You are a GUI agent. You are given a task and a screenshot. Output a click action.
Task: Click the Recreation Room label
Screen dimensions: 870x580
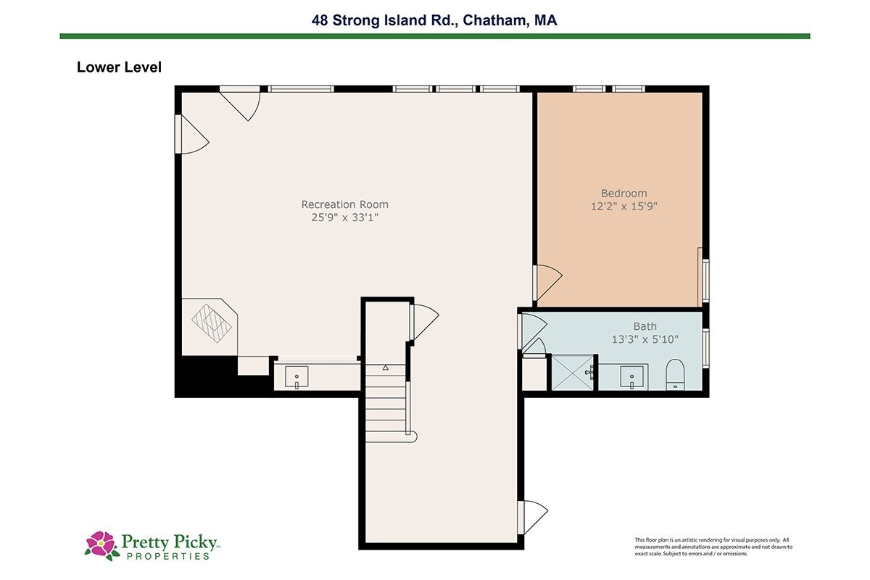click(344, 204)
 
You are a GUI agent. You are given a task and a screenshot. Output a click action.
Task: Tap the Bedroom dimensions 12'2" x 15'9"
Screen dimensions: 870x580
click(623, 206)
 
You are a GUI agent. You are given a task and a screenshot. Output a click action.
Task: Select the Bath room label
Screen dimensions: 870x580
click(645, 326)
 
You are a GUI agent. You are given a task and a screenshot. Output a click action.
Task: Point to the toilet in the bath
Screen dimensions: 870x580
click(675, 375)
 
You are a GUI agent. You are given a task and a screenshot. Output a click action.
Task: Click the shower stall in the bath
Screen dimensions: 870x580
click(573, 373)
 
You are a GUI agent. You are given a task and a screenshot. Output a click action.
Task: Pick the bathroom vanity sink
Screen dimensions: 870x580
click(632, 376)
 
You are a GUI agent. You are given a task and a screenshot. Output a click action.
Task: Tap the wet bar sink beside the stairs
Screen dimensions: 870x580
click(297, 376)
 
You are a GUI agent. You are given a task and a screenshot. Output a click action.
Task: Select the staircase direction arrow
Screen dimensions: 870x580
click(385, 367)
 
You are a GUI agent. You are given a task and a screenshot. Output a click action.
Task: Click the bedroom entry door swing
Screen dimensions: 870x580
click(547, 283)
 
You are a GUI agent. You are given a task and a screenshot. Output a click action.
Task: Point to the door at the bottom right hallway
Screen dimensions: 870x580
click(533, 517)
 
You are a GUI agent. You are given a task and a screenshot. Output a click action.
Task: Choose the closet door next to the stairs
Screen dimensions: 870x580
click(425, 322)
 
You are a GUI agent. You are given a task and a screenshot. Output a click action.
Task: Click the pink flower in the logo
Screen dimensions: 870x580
click(101, 543)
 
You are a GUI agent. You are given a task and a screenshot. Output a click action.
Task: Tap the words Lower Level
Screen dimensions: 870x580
click(119, 67)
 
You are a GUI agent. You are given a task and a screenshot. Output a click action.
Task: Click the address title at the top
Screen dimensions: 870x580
click(434, 20)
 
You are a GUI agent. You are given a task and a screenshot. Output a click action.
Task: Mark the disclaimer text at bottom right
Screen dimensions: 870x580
click(713, 547)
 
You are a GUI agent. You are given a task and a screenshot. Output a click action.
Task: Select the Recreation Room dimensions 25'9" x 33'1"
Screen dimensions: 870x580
click(344, 217)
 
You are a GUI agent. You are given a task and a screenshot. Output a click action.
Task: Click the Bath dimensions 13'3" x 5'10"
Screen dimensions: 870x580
click(645, 339)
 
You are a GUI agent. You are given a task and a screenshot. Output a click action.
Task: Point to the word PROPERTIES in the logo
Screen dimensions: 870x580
click(168, 556)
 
